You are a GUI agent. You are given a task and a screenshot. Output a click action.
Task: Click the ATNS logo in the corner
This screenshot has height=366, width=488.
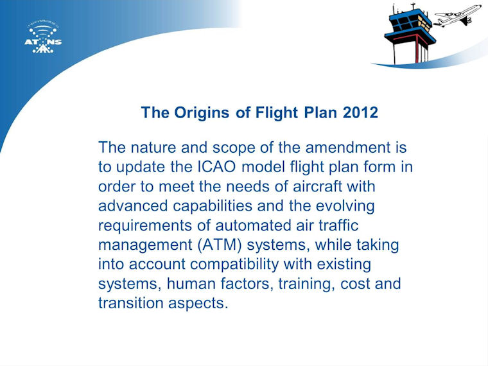(x=43, y=38)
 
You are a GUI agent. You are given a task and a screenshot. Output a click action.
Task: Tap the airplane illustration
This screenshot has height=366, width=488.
(x=457, y=15)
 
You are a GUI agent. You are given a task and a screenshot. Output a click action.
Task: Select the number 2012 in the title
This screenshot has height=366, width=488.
(x=360, y=112)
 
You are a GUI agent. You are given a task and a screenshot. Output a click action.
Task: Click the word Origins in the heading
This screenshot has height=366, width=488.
(x=202, y=112)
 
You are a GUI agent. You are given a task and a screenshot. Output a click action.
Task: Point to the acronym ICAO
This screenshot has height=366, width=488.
(x=217, y=167)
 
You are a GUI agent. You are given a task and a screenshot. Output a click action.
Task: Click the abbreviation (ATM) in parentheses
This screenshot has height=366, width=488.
(x=220, y=245)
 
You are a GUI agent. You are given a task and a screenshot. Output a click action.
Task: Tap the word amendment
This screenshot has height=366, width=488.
(x=348, y=147)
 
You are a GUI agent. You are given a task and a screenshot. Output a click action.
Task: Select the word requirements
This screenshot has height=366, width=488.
(x=145, y=226)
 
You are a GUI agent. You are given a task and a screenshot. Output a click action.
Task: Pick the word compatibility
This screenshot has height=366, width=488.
(x=234, y=265)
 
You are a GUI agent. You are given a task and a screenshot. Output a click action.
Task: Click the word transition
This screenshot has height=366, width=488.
(x=131, y=303)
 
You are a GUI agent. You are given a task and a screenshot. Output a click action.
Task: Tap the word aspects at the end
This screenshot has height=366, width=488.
(x=198, y=304)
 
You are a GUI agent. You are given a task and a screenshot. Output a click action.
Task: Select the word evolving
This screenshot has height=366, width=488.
(x=345, y=206)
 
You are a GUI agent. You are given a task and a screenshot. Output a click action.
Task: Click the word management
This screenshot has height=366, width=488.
(x=145, y=245)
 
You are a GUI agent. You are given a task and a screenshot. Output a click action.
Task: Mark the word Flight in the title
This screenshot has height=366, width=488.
(x=277, y=112)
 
